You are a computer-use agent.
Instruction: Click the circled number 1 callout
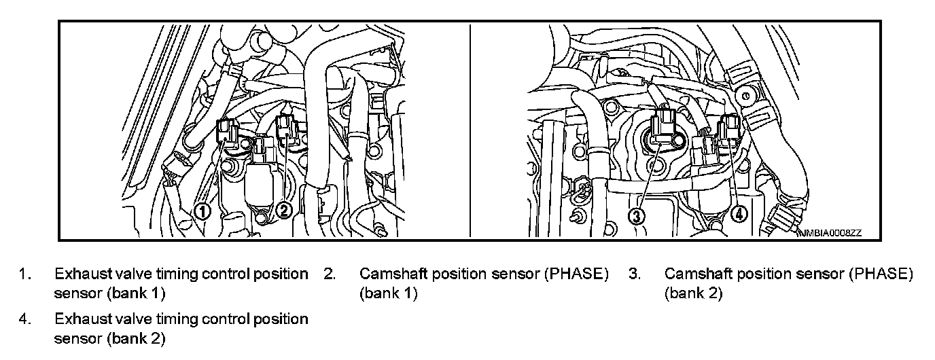[x=202, y=211]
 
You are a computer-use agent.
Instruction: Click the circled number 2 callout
[x=285, y=211]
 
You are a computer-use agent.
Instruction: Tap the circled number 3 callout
[x=635, y=216]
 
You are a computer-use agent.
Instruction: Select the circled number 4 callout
[x=740, y=213]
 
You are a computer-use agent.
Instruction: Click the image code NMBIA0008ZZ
[x=831, y=233]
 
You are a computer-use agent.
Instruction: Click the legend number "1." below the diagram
[x=24, y=274]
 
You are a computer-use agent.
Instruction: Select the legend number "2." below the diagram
[x=330, y=274]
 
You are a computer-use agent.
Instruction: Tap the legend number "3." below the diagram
[x=635, y=274]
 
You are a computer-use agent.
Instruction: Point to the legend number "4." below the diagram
[x=24, y=319]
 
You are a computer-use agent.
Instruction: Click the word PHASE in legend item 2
[x=578, y=274]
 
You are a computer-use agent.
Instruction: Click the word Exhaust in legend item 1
[x=77, y=274]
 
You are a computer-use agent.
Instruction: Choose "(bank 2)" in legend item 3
[x=693, y=294]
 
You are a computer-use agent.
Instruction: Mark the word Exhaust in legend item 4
[x=77, y=319]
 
